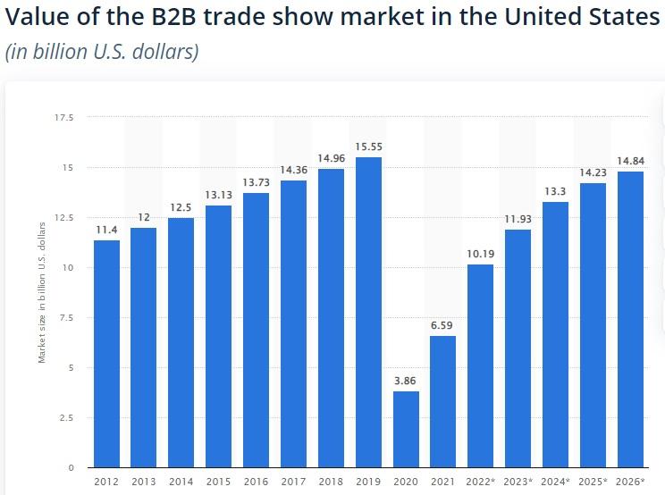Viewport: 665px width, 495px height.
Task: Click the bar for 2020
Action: pyautogui.click(x=405, y=429)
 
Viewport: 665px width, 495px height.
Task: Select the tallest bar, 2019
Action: pyautogui.click(x=367, y=313)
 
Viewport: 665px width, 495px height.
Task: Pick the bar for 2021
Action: pyautogui.click(x=442, y=401)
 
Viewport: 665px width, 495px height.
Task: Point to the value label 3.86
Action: pyautogui.click(x=405, y=381)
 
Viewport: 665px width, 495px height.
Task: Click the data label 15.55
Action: pyautogui.click(x=367, y=146)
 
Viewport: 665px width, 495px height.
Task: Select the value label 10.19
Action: pyautogui.click(x=480, y=253)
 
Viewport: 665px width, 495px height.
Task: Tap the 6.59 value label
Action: pyautogui.click(x=442, y=325)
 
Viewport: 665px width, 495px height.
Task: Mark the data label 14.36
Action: pyautogui.click(x=293, y=170)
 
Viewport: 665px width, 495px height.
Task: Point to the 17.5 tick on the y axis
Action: pyautogui.click(x=65, y=117)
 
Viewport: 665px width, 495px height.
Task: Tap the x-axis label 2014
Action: pyautogui.click(x=181, y=481)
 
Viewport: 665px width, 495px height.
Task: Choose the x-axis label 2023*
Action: pyautogui.click(x=518, y=481)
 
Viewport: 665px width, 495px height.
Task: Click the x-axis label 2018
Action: pyautogui.click(x=331, y=481)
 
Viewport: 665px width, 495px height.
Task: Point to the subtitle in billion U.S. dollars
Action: pyautogui.click(x=102, y=51)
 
